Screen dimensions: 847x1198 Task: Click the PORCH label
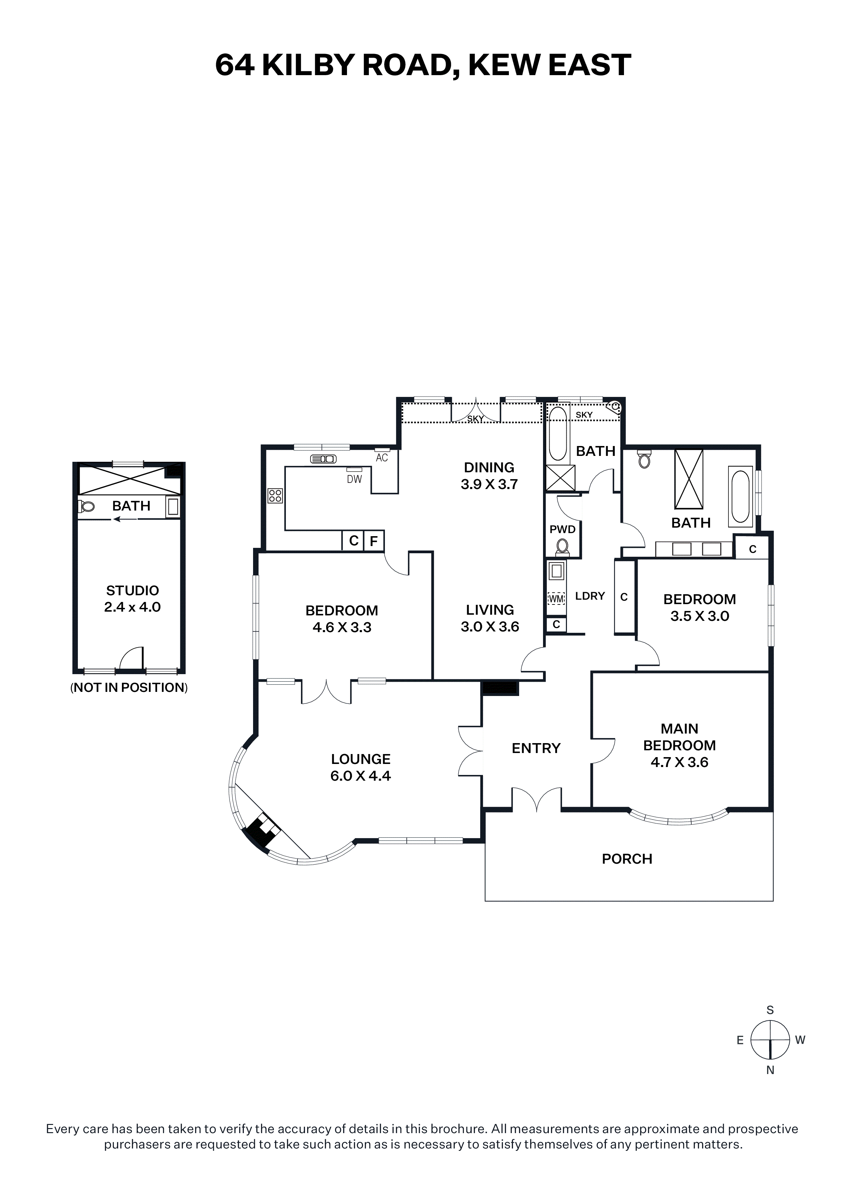(x=627, y=859)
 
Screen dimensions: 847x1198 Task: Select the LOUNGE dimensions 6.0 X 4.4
(x=361, y=776)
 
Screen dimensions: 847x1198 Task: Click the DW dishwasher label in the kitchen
(x=355, y=479)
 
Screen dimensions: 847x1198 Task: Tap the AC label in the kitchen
(x=382, y=458)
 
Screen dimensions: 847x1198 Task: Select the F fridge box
(x=374, y=541)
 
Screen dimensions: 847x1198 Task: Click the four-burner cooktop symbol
(x=275, y=496)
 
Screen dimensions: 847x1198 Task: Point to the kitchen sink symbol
(x=323, y=459)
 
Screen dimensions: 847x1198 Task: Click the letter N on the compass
(x=770, y=1070)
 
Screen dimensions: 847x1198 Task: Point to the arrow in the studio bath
(x=125, y=519)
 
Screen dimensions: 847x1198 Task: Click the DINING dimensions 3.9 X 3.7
(x=489, y=484)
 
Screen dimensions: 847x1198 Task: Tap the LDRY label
(x=590, y=596)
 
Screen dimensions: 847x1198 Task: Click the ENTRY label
(x=536, y=748)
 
